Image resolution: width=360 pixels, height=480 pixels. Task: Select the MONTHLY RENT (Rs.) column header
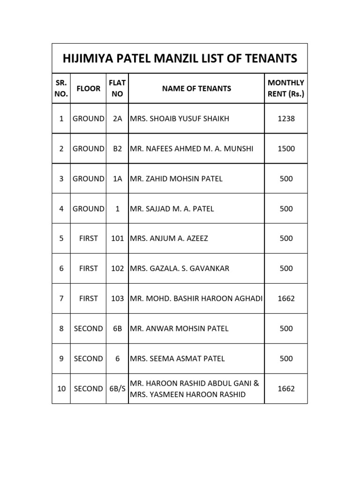click(285, 88)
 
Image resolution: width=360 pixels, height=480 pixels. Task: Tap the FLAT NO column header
click(117, 88)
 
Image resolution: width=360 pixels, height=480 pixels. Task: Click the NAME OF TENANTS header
click(196, 88)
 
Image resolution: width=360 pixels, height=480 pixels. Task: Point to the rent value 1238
click(286, 119)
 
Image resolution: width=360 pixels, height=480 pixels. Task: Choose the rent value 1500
click(286, 149)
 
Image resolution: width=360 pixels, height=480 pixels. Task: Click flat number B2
click(117, 149)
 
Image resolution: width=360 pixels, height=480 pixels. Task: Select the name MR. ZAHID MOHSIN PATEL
click(176, 179)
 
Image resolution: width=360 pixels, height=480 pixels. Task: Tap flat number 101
click(117, 238)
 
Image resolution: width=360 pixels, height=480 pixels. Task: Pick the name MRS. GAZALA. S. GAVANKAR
click(180, 268)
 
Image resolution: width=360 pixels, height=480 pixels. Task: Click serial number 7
click(61, 298)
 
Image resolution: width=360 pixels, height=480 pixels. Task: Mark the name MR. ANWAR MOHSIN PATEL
click(179, 328)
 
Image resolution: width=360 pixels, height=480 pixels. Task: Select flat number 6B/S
click(117, 389)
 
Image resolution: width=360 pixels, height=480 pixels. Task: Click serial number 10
click(61, 389)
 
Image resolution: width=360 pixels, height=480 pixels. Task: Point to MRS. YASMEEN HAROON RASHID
click(187, 394)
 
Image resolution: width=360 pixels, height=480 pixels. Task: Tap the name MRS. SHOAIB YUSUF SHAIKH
click(180, 119)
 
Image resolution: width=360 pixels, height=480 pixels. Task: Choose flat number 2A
click(117, 119)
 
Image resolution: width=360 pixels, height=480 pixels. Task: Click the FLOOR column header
click(89, 88)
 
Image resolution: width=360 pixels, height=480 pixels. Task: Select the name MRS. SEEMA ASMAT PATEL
click(177, 359)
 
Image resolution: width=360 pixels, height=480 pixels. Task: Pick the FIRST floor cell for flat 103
click(89, 298)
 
